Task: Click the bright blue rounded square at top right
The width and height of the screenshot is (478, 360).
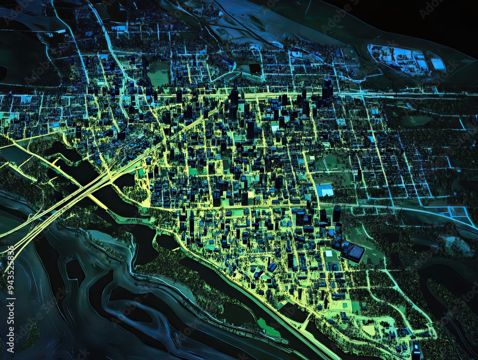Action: pyautogui.click(x=438, y=64)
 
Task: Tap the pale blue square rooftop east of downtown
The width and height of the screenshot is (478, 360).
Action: pyautogui.click(x=325, y=190)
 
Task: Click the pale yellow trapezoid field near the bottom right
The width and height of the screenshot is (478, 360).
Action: pyautogui.click(x=369, y=330)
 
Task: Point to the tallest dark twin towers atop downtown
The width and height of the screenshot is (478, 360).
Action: pyautogui.click(x=327, y=89)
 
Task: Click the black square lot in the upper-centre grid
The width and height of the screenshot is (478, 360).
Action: pyautogui.click(x=255, y=69)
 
